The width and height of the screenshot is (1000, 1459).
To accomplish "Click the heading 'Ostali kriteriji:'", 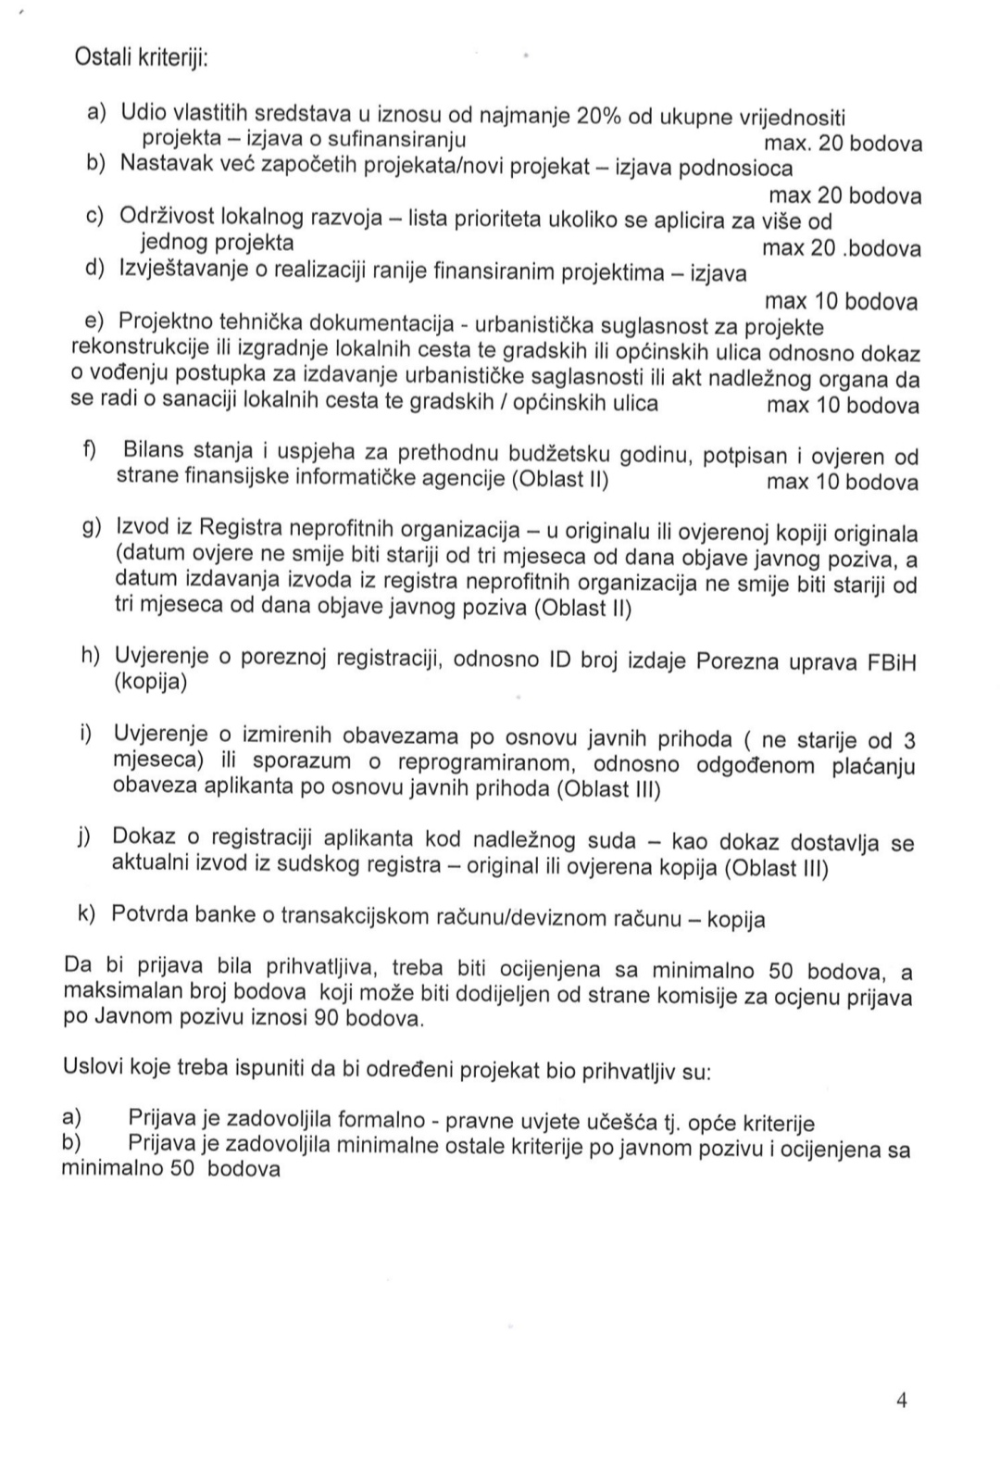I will coord(141,57).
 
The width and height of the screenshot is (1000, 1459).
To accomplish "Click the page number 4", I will coord(901,1400).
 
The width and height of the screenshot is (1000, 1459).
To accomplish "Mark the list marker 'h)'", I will coord(91,656).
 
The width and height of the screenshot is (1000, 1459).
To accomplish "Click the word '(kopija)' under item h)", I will coord(151,684).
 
